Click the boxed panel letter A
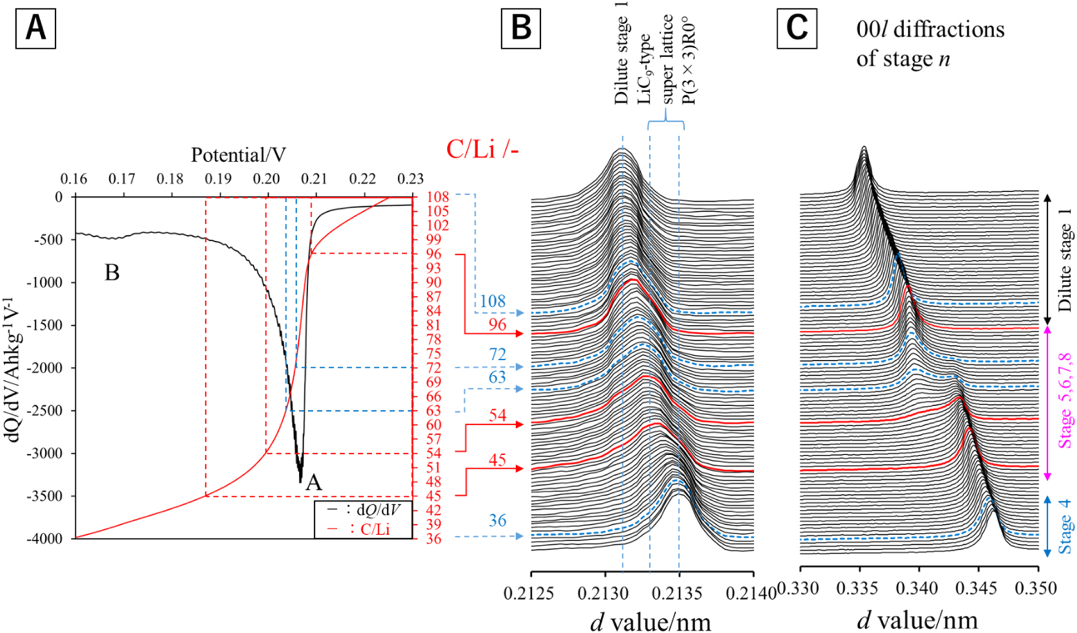[36, 28]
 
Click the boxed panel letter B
[521, 28]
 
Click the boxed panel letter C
[797, 28]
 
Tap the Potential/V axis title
[238, 155]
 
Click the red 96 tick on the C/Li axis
[433, 254]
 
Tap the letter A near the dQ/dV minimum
[313, 482]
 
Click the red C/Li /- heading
[482, 150]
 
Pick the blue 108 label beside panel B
[492, 301]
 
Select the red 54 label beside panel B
[497, 415]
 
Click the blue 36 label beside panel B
[497, 520]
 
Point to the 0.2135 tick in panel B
[679, 593]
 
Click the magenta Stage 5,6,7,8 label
[1066, 401]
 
